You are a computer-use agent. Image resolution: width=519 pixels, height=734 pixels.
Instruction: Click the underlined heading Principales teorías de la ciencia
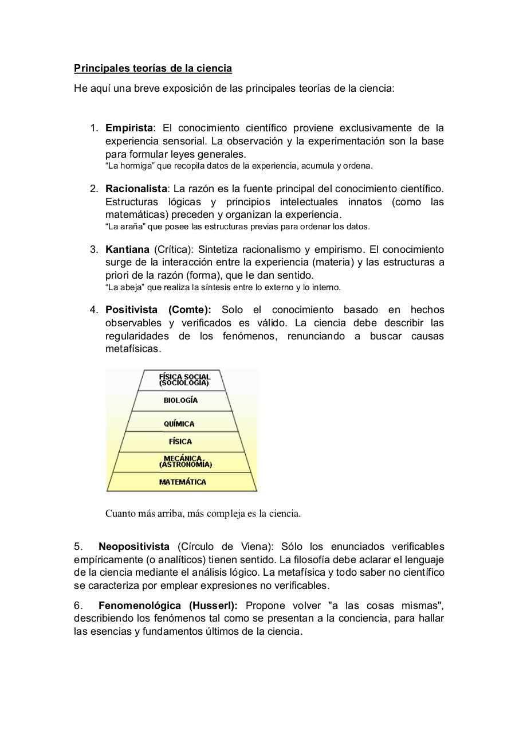point(153,69)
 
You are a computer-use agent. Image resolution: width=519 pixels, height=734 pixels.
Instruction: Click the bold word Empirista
point(129,128)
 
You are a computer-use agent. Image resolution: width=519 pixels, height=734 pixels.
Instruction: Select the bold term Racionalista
point(136,189)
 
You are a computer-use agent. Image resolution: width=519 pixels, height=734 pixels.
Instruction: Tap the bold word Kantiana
point(127,249)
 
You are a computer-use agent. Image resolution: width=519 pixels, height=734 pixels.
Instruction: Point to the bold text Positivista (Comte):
point(158,310)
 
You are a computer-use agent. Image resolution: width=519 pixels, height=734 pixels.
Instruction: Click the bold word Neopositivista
point(133,546)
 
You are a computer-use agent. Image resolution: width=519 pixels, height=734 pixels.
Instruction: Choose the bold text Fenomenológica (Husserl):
point(167,606)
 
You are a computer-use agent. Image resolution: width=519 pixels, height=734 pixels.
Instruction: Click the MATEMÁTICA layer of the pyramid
point(182,482)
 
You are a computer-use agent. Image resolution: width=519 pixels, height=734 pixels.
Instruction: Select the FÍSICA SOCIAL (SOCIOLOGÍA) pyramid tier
point(184,380)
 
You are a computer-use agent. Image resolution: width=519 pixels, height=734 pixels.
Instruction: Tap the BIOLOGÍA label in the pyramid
point(180,401)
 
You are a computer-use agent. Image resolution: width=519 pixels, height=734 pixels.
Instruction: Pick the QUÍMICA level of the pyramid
point(179,424)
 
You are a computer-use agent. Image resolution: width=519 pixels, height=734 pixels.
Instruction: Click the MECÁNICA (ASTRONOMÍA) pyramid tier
point(185,462)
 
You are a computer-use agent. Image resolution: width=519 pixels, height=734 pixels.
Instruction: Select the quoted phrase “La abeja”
point(122,287)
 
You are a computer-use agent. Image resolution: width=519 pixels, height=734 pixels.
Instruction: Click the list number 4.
point(94,310)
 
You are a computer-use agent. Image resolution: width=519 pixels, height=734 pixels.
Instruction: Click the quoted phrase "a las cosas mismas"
point(384,606)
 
